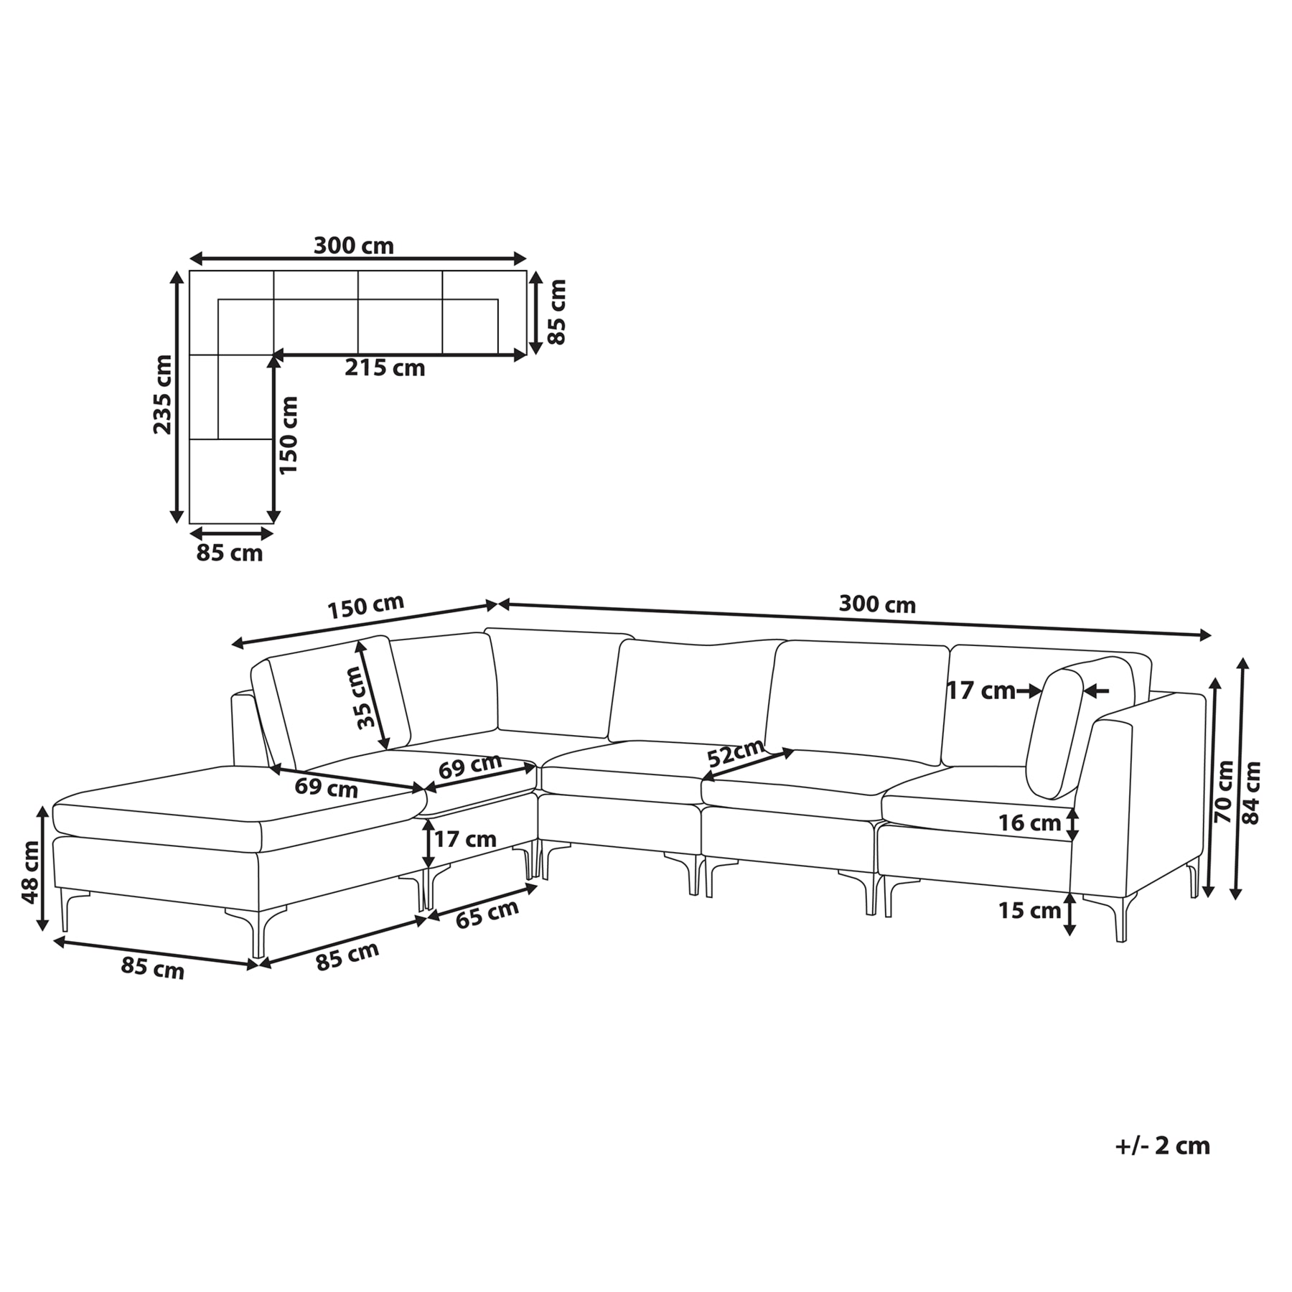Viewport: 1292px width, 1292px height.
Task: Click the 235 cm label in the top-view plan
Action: pyautogui.click(x=164, y=394)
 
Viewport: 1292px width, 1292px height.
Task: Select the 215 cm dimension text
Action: pyautogui.click(x=385, y=368)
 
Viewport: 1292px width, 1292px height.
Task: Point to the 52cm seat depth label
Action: pyautogui.click(x=735, y=752)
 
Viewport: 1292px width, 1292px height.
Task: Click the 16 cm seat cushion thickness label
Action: pyautogui.click(x=1029, y=823)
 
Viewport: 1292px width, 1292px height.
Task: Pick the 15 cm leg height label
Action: pyautogui.click(x=1029, y=911)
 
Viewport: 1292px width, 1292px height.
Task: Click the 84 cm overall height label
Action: pyautogui.click(x=1251, y=792)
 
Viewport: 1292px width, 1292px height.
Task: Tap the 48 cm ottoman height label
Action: pyautogui.click(x=30, y=873)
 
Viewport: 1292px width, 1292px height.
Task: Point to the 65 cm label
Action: pyautogui.click(x=487, y=914)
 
